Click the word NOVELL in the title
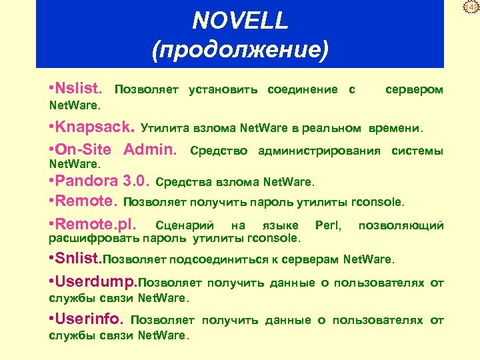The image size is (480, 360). [240, 21]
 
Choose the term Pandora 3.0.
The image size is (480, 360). [104, 181]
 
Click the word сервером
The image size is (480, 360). [414, 89]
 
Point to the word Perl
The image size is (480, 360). [329, 225]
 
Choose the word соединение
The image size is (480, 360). [302, 89]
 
